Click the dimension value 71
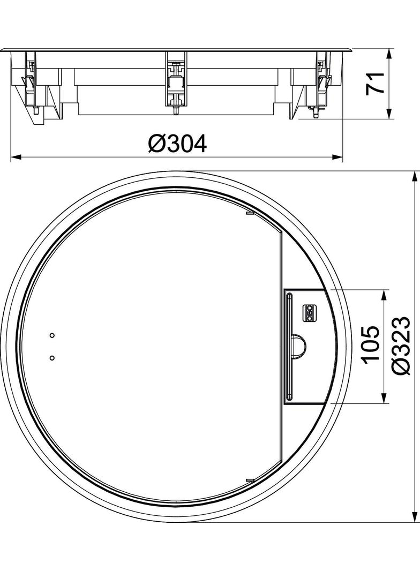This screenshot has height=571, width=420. (x=375, y=83)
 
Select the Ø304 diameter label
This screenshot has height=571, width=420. (x=177, y=144)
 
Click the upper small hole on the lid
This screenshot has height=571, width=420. (x=52, y=335)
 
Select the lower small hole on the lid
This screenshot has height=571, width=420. (x=52, y=358)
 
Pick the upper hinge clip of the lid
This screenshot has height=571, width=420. (x=249, y=213)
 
